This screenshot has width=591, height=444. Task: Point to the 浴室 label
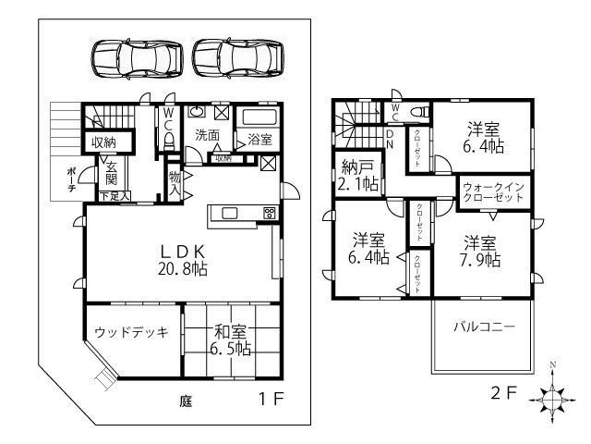[x=259, y=140]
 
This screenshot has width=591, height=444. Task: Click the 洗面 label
[x=207, y=135]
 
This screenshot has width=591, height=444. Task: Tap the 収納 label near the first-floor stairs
[x=104, y=142]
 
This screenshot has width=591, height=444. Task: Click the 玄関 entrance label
[x=111, y=173]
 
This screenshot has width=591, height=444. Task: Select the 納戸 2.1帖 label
[x=359, y=176]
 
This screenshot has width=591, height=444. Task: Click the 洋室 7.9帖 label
[x=481, y=252]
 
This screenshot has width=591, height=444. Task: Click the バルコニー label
[x=483, y=327]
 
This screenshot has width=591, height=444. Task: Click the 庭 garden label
[x=187, y=402]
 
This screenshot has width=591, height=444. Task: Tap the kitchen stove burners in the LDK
[x=270, y=214]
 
